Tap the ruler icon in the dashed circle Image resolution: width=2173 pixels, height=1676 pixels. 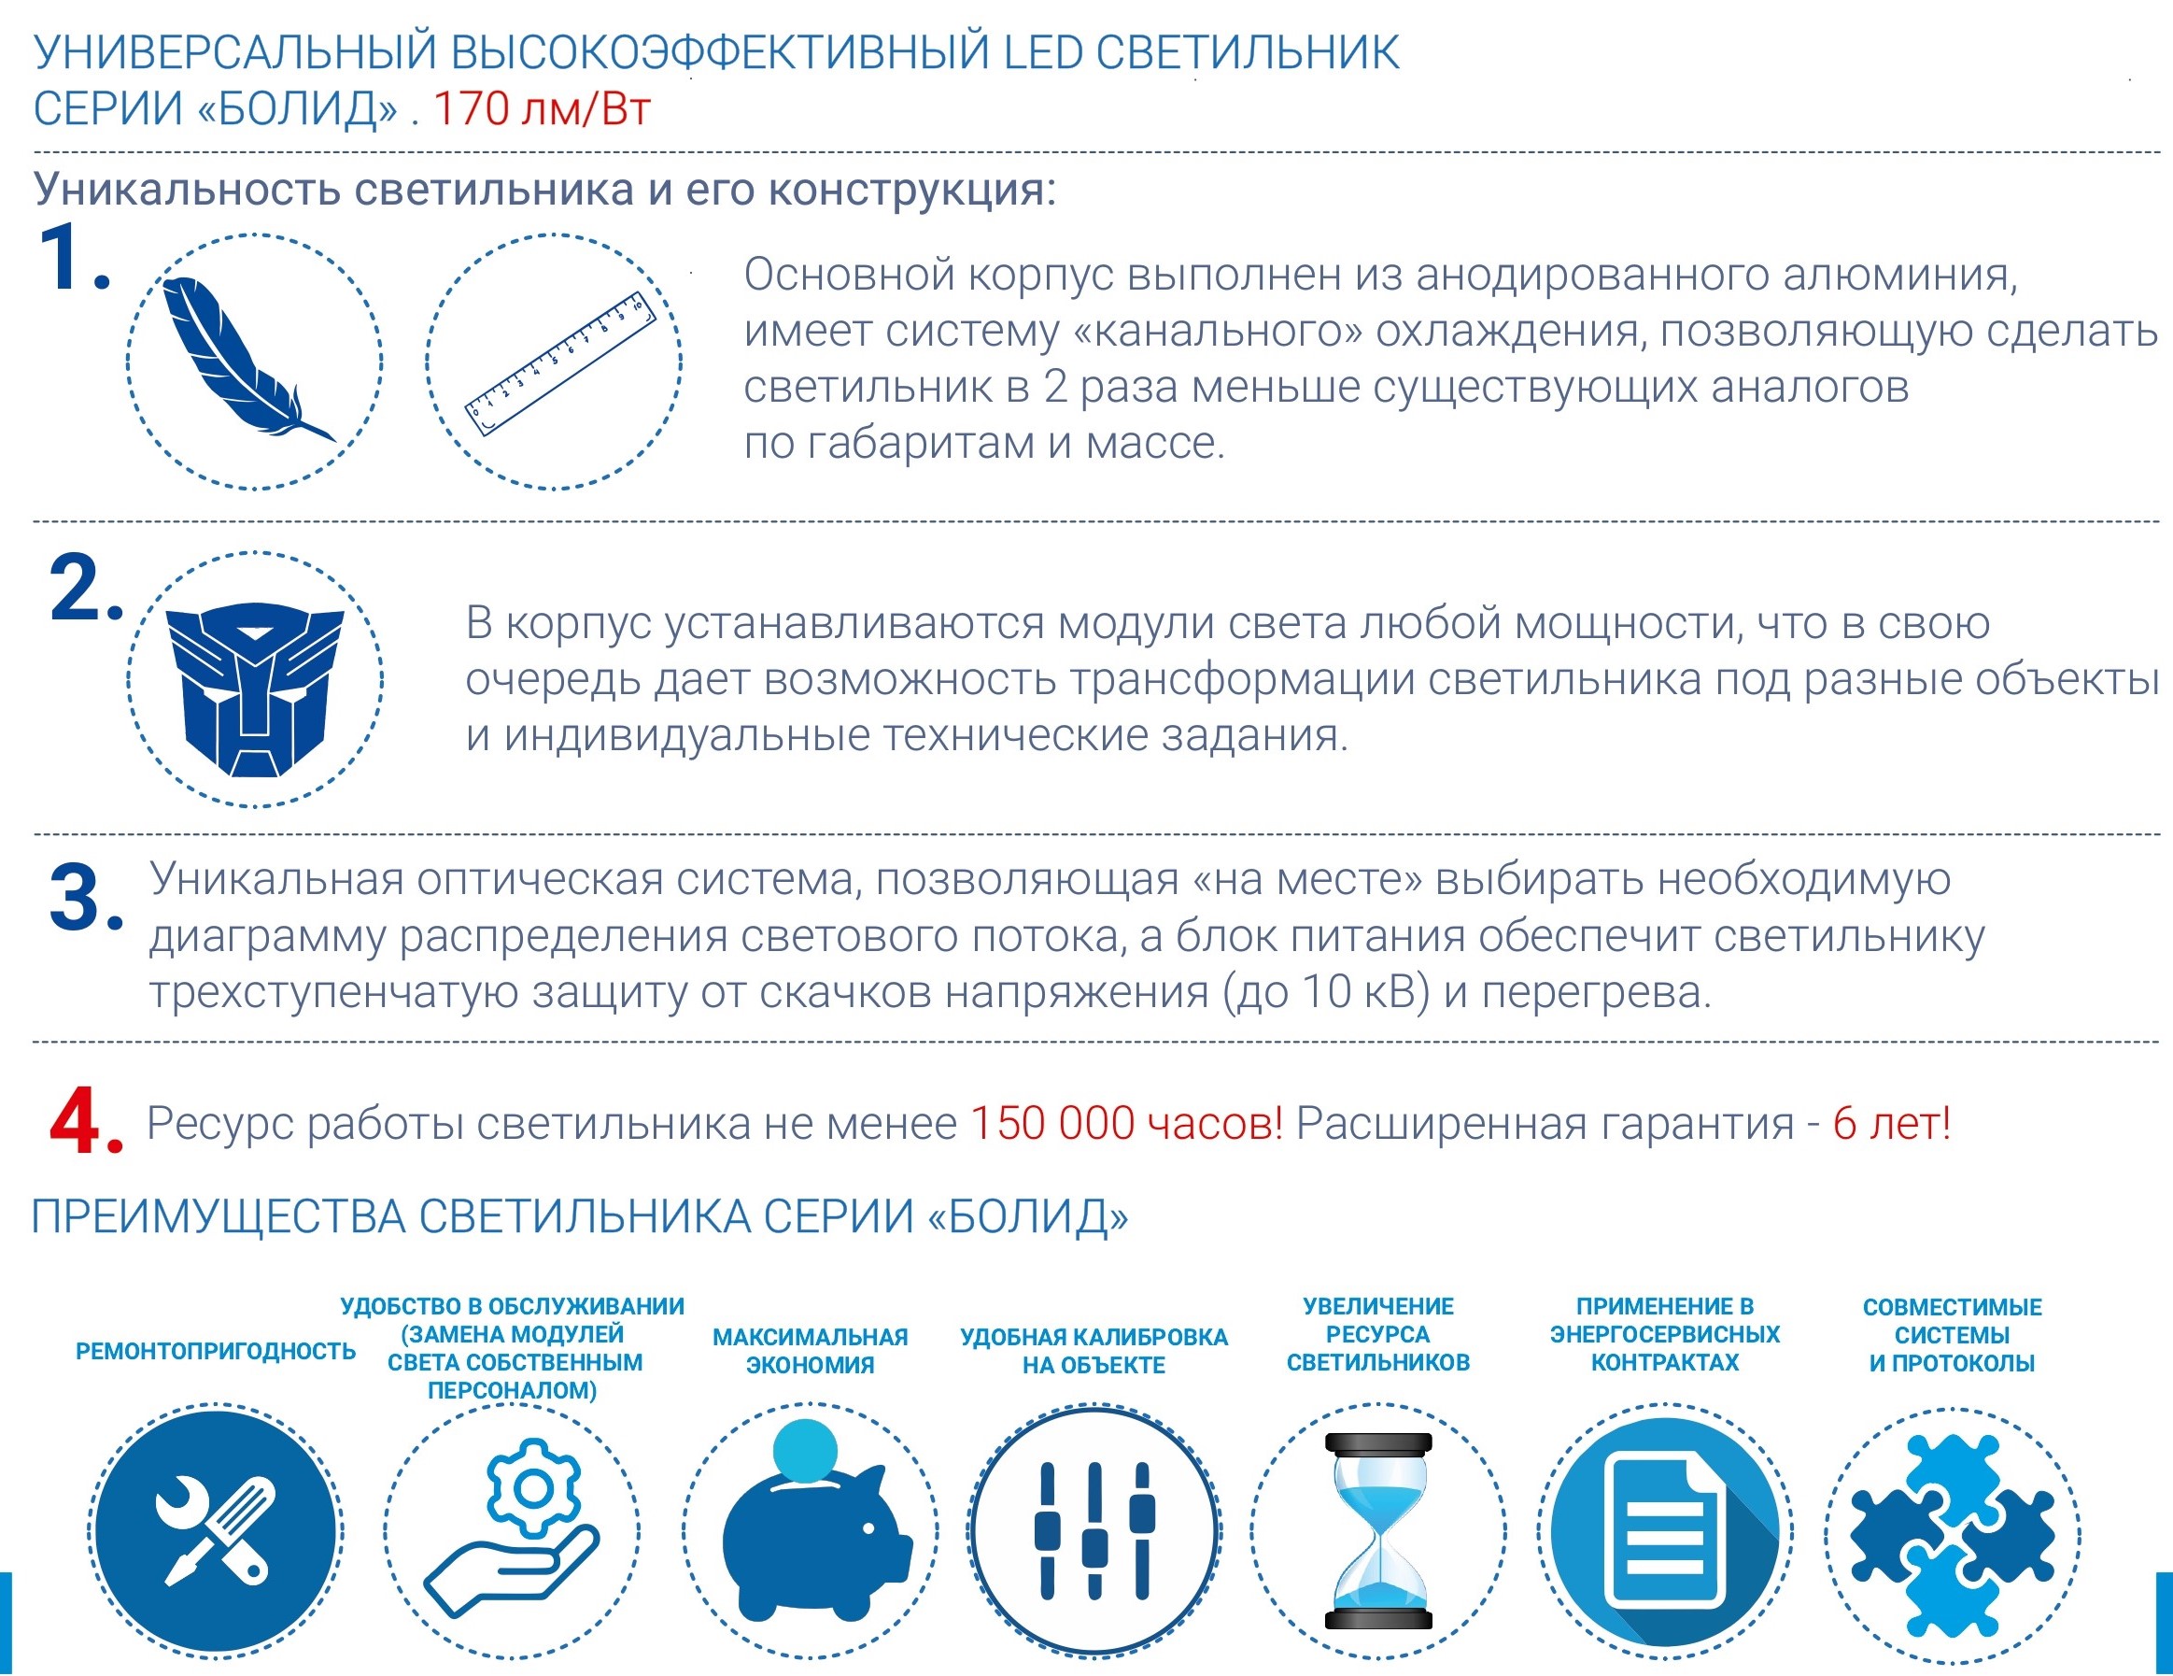click(x=560, y=363)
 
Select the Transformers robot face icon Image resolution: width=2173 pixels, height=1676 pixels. click(x=255, y=687)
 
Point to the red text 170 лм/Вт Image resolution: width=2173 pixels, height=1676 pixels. click(x=543, y=109)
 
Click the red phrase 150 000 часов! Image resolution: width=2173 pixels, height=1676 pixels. click(x=1125, y=1124)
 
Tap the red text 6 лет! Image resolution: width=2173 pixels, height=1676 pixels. click(x=1890, y=1124)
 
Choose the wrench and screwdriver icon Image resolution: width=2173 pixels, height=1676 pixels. click(x=216, y=1533)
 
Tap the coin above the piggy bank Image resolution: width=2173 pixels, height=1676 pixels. click(x=804, y=1451)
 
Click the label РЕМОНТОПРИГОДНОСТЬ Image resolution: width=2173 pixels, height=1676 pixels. click(x=215, y=1351)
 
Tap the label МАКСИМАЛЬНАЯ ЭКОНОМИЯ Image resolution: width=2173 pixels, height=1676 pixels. click(x=810, y=1351)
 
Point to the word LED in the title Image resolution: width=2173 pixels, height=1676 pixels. click(x=1043, y=52)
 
